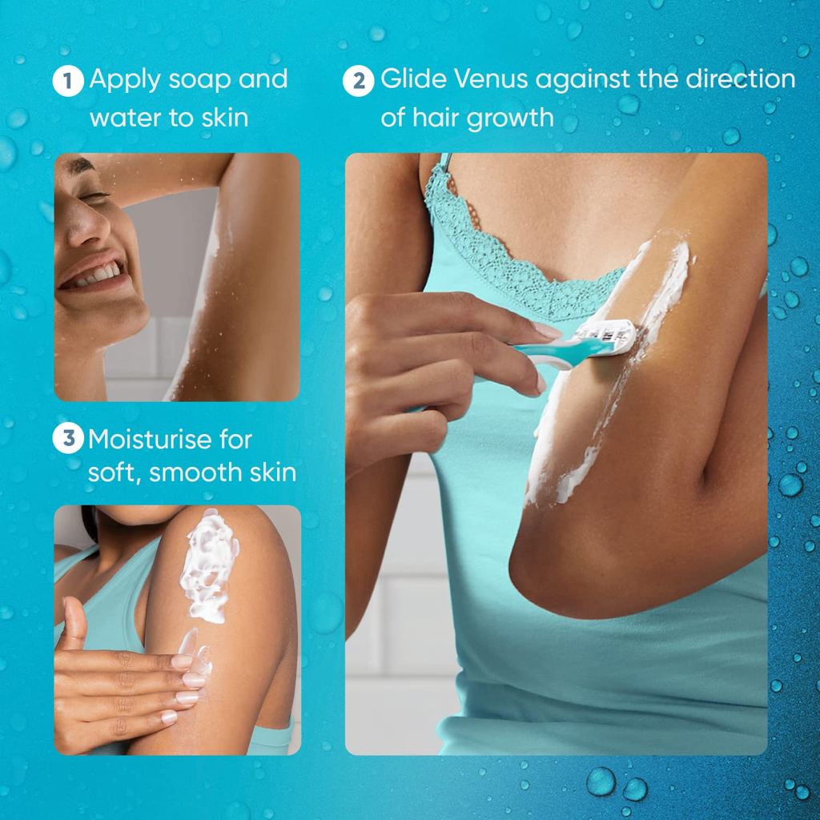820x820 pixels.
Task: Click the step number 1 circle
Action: [68, 81]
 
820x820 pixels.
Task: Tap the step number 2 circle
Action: [359, 81]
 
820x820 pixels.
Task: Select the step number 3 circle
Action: [68, 438]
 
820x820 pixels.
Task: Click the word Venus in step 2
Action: [491, 79]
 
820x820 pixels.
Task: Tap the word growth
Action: [510, 119]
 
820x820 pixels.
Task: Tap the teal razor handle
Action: [554, 352]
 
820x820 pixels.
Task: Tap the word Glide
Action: [414, 79]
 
